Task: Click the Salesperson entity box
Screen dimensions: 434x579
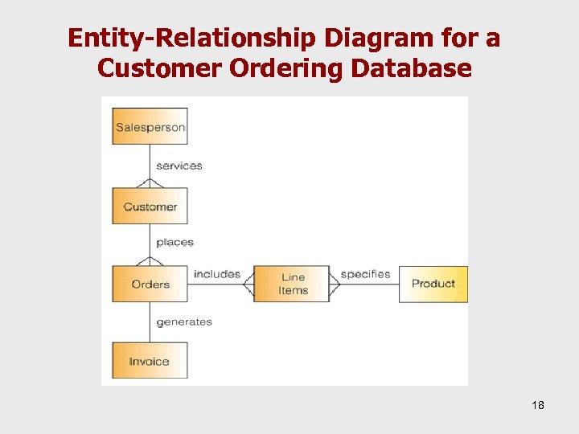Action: [x=150, y=126]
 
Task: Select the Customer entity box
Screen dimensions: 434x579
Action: [x=150, y=207]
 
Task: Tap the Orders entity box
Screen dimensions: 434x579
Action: [x=150, y=284]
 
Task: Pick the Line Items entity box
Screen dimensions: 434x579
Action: [x=292, y=284]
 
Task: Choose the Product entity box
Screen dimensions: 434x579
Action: [x=433, y=284]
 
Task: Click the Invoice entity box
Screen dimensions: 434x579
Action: [x=150, y=361]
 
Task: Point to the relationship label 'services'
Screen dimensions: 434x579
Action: [x=179, y=166]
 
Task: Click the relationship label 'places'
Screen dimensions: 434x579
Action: [x=175, y=242]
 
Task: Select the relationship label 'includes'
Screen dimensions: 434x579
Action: [x=216, y=274]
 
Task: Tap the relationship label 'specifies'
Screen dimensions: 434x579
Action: [x=365, y=274]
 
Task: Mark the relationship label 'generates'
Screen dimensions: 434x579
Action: [x=183, y=321]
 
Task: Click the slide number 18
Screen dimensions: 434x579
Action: [x=538, y=405]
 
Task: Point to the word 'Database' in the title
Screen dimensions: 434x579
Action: [x=411, y=68]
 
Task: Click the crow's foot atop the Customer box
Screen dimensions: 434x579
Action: [x=150, y=183]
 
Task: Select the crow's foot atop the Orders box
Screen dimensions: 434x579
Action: [x=150, y=260]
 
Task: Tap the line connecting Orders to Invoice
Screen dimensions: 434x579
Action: [x=150, y=321]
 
